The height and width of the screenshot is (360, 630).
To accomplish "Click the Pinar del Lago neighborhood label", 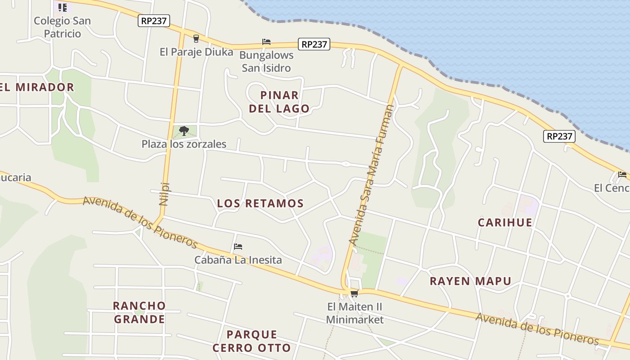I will (279, 102).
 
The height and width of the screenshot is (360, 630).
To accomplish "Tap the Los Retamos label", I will (260, 203).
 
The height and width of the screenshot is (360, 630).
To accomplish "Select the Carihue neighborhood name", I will (505, 222).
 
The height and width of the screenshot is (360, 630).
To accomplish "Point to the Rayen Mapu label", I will (470, 281).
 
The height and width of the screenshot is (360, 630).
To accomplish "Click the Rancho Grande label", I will (139, 312).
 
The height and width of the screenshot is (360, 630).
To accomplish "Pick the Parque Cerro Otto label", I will (252, 341).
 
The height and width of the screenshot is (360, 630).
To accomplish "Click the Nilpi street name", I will (164, 193).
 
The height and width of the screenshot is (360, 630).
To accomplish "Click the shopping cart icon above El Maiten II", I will (354, 294).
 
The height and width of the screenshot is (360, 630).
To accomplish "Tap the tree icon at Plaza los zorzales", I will (184, 131).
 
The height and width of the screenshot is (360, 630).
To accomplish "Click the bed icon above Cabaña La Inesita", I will (238, 247).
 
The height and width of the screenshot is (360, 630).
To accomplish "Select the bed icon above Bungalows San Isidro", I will (266, 42).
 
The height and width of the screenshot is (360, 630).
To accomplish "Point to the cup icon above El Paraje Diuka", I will (196, 39).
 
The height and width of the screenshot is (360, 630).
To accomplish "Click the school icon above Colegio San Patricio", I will (63, 7).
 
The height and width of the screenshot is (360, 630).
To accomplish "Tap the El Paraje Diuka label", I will (196, 52).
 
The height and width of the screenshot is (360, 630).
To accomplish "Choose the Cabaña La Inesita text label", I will (238, 260).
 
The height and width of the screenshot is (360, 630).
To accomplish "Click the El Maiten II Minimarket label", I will (355, 313).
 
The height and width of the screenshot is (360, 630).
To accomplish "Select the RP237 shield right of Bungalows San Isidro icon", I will (314, 44).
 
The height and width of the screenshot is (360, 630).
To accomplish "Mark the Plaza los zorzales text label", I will (184, 144).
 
